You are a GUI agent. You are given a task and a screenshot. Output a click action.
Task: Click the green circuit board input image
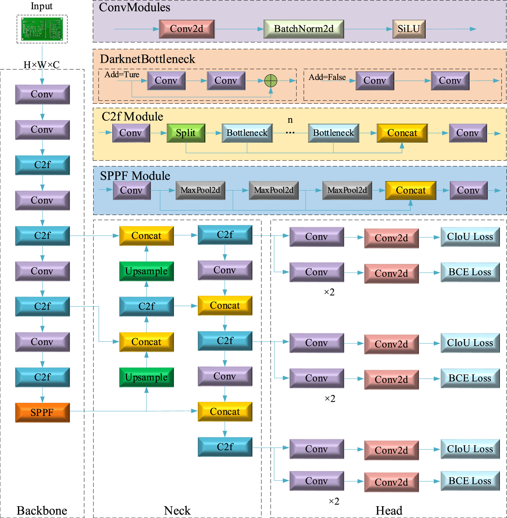[42, 29]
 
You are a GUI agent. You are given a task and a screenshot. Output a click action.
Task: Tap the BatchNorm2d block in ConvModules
[304, 29]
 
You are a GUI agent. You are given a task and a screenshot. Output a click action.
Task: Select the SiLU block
[409, 29]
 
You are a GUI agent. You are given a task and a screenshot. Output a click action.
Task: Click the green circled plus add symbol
[270, 81]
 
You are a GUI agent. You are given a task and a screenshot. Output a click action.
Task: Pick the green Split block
[186, 133]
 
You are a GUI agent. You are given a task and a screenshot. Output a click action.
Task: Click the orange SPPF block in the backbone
[42, 412]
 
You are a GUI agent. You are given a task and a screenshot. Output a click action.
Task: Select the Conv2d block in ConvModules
[187, 29]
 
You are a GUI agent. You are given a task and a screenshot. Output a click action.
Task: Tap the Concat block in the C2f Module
[402, 133]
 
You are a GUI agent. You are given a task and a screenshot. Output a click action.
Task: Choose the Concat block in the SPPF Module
[410, 190]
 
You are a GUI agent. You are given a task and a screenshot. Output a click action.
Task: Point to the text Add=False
[327, 77]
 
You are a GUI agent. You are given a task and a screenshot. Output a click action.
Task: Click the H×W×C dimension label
[42, 65]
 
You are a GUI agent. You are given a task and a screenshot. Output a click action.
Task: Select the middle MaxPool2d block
[274, 190]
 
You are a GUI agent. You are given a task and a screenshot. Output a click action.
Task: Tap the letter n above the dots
[290, 120]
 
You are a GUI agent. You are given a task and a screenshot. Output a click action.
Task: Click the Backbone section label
[42, 510]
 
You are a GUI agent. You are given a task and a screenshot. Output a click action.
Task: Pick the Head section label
[389, 510]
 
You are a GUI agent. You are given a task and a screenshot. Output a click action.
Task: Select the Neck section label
[177, 510]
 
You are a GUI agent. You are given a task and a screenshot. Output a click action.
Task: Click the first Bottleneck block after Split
[247, 133]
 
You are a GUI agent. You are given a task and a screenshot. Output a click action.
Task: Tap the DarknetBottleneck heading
[147, 59]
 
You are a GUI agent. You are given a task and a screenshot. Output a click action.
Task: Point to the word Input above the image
[42, 6]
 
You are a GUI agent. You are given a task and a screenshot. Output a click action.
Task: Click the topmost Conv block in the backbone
[42, 94]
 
